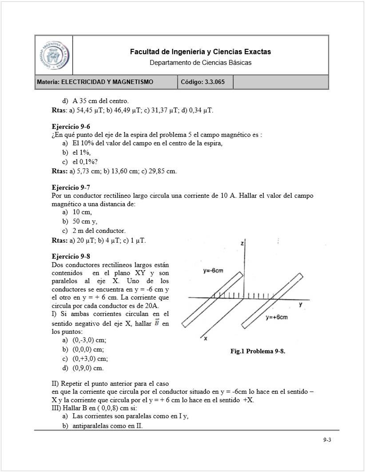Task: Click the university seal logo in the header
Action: [x=54, y=56]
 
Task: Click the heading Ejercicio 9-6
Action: [x=71, y=127]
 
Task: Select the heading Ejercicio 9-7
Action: [x=71, y=187]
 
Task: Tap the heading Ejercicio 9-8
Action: [x=71, y=256]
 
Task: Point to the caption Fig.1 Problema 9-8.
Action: [x=258, y=351]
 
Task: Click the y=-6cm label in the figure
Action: [x=213, y=271]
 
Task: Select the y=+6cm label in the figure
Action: [x=277, y=317]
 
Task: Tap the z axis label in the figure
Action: [x=241, y=244]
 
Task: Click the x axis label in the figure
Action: [x=206, y=339]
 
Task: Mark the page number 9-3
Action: [x=327, y=440]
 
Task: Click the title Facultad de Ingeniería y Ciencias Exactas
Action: [x=200, y=52]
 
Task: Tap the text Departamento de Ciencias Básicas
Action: [x=200, y=63]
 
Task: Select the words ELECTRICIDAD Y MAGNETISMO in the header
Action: [x=107, y=82]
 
